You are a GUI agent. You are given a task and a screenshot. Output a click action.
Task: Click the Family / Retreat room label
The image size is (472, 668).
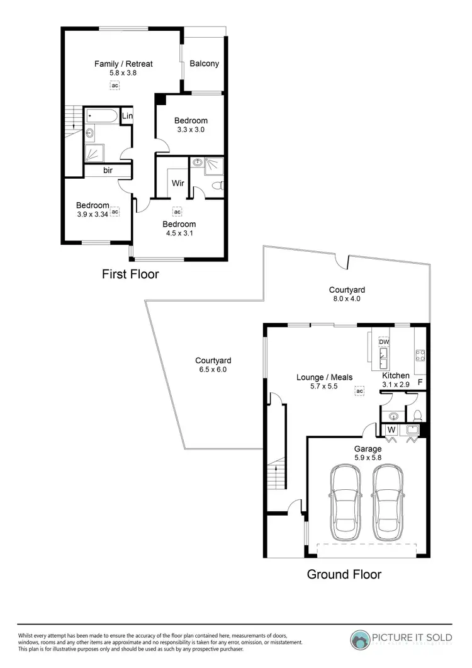pyautogui.click(x=123, y=64)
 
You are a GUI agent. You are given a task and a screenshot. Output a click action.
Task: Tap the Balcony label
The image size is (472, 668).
pyautogui.click(x=205, y=64)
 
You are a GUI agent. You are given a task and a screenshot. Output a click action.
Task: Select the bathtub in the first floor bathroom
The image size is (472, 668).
pyautogui.click(x=103, y=116)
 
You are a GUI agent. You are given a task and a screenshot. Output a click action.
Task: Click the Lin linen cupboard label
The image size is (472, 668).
pyautogui.click(x=127, y=116)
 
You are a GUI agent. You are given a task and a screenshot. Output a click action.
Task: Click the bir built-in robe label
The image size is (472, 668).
pyautogui.click(x=108, y=170)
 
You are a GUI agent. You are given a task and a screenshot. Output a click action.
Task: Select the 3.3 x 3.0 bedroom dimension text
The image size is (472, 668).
pyautogui.click(x=191, y=129)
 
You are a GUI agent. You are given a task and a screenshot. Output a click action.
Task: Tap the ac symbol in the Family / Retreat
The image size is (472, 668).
pyautogui.click(x=115, y=85)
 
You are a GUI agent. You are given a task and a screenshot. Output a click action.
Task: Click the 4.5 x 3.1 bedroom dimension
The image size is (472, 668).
pyautogui.click(x=179, y=234)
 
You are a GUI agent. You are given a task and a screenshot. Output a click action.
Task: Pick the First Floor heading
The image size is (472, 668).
pyautogui.click(x=130, y=275)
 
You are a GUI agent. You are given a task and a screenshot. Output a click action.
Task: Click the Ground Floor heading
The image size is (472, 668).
pyautogui.click(x=344, y=574)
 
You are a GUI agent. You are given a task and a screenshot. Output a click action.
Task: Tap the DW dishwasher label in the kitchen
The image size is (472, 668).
pyautogui.click(x=384, y=342)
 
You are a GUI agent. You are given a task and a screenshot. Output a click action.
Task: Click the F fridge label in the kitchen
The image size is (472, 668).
pyautogui.click(x=420, y=382)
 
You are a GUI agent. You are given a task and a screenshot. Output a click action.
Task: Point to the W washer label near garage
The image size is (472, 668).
pyautogui.click(x=390, y=431)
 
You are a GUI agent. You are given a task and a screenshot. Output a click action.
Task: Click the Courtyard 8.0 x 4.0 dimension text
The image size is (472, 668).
pyautogui.click(x=347, y=299)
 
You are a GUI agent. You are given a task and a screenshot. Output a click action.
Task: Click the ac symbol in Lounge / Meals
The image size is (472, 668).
pyautogui.click(x=360, y=391)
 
